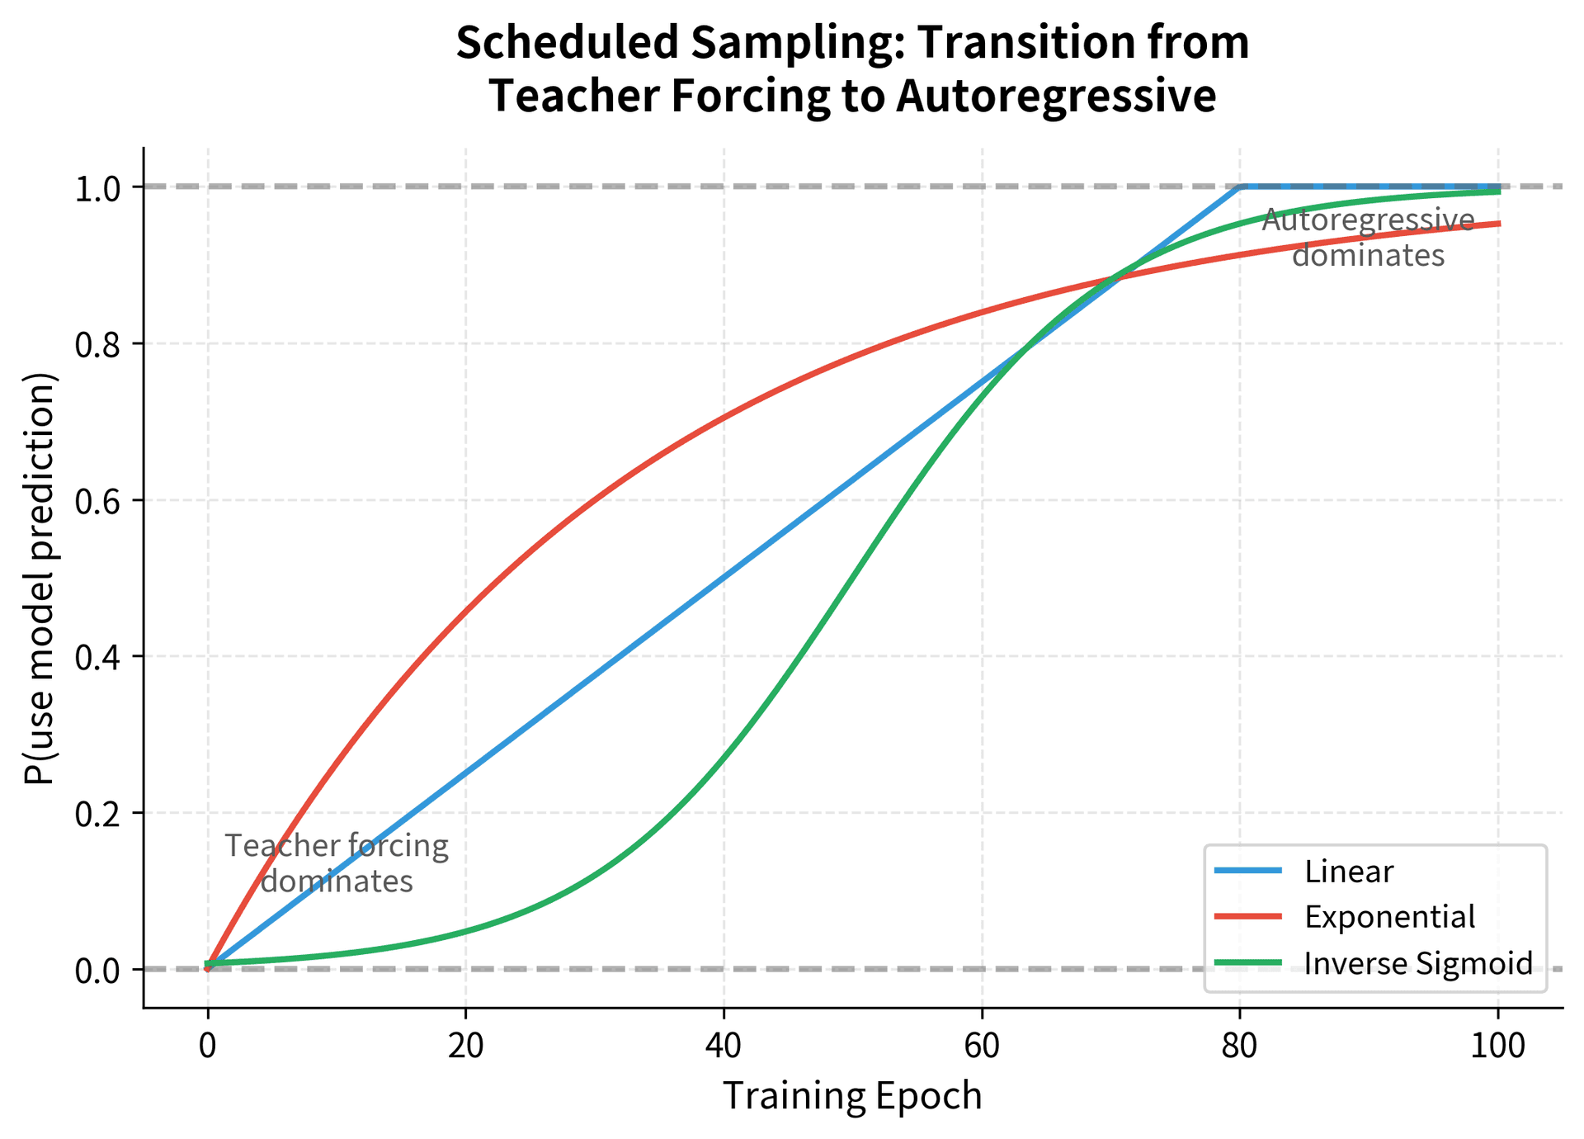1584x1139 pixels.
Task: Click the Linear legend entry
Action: click(1349, 872)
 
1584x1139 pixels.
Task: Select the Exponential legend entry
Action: click(1389, 917)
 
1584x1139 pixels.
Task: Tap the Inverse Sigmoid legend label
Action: click(1418, 963)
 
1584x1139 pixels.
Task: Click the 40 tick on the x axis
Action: click(724, 1046)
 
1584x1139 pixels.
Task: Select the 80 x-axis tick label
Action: click(1240, 1046)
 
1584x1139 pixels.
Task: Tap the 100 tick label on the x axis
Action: click(1498, 1046)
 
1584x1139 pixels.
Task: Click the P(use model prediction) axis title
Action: click(40, 578)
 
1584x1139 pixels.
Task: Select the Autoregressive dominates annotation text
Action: click(1368, 238)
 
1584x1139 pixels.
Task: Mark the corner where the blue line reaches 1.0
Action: click(1240, 187)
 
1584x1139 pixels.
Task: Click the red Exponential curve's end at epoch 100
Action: click(1498, 224)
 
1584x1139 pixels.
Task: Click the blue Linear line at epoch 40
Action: click(724, 578)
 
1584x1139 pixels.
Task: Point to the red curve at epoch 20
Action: click(465, 612)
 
